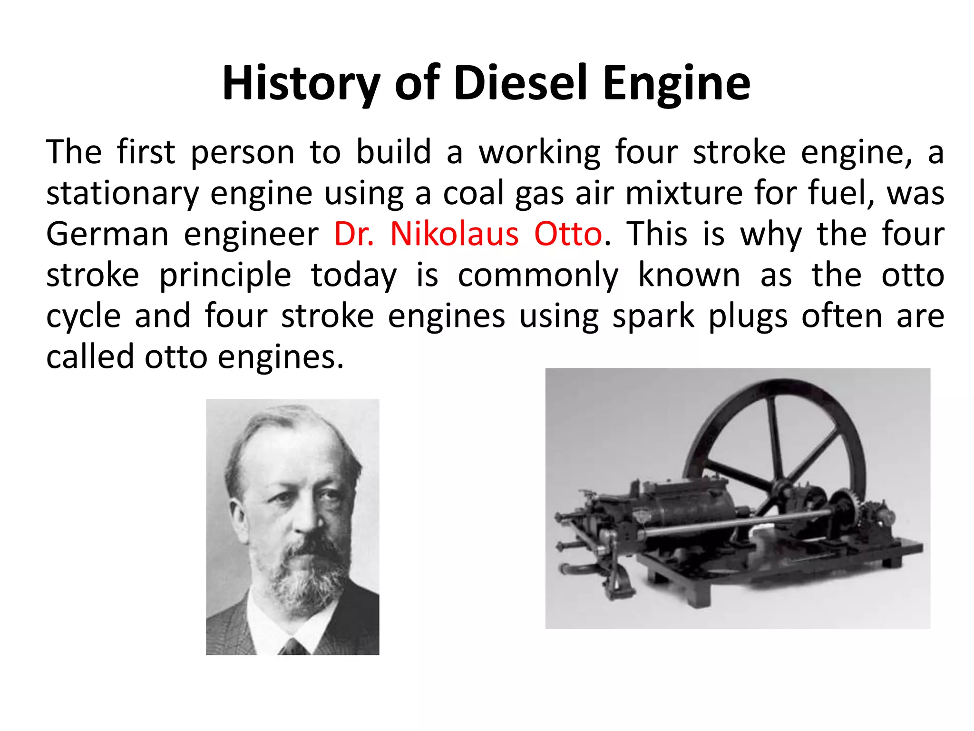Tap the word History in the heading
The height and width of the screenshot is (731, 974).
click(x=301, y=84)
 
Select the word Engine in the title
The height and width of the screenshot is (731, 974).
click(x=677, y=84)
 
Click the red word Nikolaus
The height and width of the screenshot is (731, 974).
click(x=454, y=234)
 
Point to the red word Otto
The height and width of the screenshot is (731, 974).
click(x=568, y=234)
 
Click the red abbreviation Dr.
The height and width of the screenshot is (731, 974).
click(x=354, y=234)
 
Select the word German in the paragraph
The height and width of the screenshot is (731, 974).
click(x=107, y=234)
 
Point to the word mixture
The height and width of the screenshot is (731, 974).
click(x=684, y=193)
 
